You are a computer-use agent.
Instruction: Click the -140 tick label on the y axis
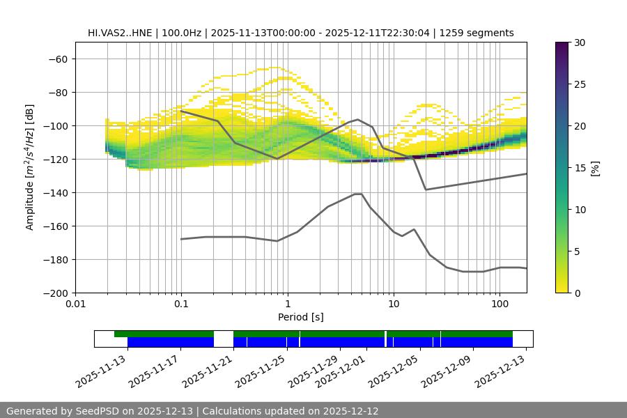pyautogui.click(x=54, y=192)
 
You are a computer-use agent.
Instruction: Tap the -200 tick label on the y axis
pyautogui.click(x=54, y=293)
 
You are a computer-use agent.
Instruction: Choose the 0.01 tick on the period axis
pyautogui.click(x=75, y=304)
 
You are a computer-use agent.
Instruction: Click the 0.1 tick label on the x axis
pyautogui.click(x=181, y=304)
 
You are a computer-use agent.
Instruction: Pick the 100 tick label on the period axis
pyautogui.click(x=500, y=304)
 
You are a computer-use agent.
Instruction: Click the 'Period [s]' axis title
pyautogui.click(x=301, y=317)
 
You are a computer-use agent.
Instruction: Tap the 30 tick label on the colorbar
pyautogui.click(x=579, y=42)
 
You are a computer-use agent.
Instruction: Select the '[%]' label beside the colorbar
pyautogui.click(x=594, y=168)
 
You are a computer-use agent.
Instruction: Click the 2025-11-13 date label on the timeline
pyautogui.click(x=102, y=370)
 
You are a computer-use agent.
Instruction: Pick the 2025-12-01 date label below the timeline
pyautogui.click(x=340, y=370)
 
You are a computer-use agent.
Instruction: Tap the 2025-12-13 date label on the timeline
pyautogui.click(x=500, y=370)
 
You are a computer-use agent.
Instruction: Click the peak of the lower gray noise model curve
pyautogui.click(x=358, y=194)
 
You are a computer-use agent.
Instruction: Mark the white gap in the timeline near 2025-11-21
pyautogui.click(x=223, y=339)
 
